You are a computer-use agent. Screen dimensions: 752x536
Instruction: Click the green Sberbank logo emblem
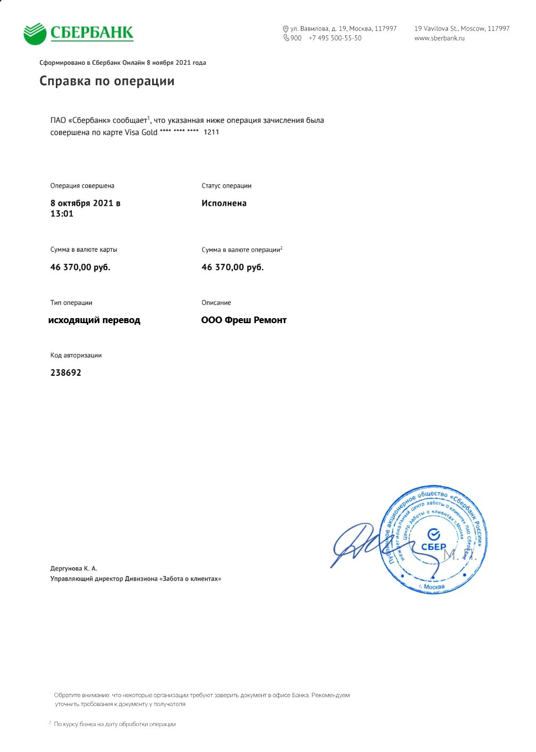35,34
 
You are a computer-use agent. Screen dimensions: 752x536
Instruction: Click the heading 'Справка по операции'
107,81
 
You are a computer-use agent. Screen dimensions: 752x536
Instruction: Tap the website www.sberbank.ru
439,38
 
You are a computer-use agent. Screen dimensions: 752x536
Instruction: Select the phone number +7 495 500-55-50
335,38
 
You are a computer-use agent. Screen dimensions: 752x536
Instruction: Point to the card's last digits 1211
211,132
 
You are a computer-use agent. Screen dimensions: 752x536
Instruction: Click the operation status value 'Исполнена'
224,203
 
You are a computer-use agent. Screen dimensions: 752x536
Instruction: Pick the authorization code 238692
66,372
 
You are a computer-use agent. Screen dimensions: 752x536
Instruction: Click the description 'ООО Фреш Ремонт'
244,320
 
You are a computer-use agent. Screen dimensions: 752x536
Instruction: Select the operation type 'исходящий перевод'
94,320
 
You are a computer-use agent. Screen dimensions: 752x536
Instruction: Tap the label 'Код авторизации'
76,355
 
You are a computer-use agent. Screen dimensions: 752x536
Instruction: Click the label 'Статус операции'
226,186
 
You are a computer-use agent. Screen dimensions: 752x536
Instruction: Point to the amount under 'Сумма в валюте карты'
80,267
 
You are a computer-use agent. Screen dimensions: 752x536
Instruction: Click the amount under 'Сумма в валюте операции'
232,267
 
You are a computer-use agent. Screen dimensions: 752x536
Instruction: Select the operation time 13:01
62,214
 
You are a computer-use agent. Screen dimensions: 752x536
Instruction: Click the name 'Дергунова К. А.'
74,568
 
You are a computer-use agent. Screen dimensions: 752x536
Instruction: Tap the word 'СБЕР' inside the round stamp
434,547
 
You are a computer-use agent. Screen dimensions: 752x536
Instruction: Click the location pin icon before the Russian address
285,29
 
